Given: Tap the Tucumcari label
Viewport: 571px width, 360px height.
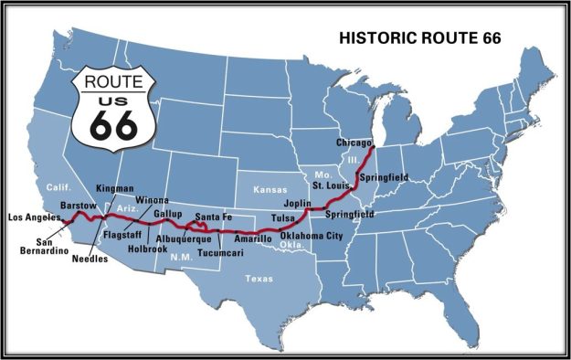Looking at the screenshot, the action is [219, 250].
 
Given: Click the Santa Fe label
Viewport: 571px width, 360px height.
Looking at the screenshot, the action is [214, 216].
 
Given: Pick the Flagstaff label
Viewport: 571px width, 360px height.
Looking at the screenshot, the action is [121, 234].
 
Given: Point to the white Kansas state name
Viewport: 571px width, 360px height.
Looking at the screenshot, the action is [270, 188].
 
